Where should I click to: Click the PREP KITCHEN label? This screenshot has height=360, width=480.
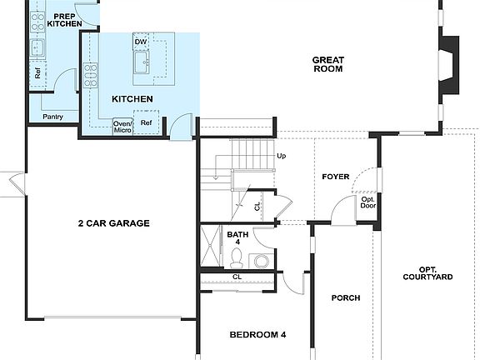tap(64, 20)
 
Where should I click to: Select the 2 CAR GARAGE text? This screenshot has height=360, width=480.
tap(114, 223)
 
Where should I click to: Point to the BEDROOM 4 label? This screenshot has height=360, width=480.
tap(257, 334)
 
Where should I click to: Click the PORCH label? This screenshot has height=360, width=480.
tap(345, 297)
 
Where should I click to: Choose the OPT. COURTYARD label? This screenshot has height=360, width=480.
tap(427, 272)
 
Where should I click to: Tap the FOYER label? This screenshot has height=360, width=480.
tap(336, 177)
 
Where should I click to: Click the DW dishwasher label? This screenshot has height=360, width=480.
tap(141, 41)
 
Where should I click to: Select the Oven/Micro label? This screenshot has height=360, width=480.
tap(122, 127)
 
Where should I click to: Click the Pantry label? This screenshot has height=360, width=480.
tap(53, 117)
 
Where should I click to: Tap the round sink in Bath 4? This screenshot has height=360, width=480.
tap(262, 262)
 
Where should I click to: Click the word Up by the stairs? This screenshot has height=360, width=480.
tap(281, 156)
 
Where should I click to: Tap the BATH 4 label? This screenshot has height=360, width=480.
tap(238, 238)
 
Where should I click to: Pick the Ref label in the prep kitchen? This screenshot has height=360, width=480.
tap(38, 73)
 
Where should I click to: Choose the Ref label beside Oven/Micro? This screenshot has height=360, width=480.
tap(147, 123)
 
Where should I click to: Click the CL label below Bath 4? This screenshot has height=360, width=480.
tap(237, 277)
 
